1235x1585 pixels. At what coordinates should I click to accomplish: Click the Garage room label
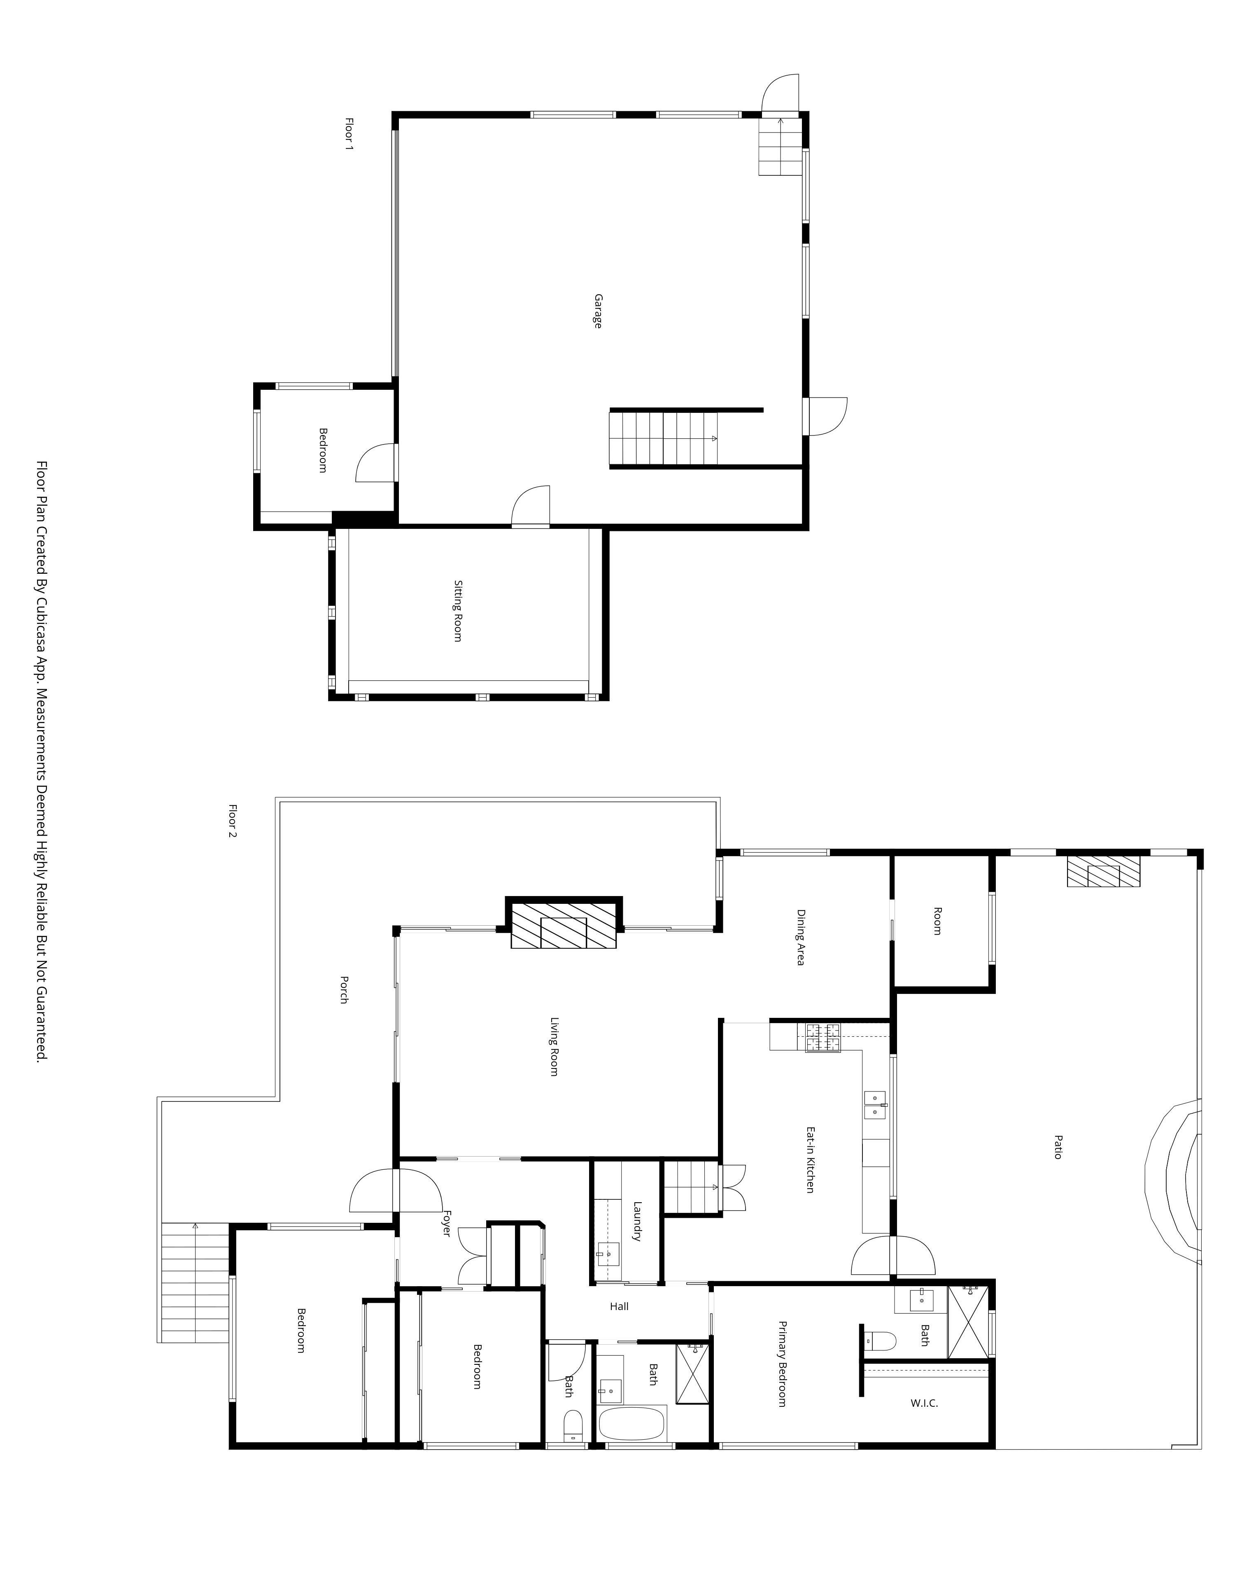(597, 311)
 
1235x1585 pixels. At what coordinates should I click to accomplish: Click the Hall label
(619, 1306)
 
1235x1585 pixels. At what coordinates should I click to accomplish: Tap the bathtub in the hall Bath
(631, 1424)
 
